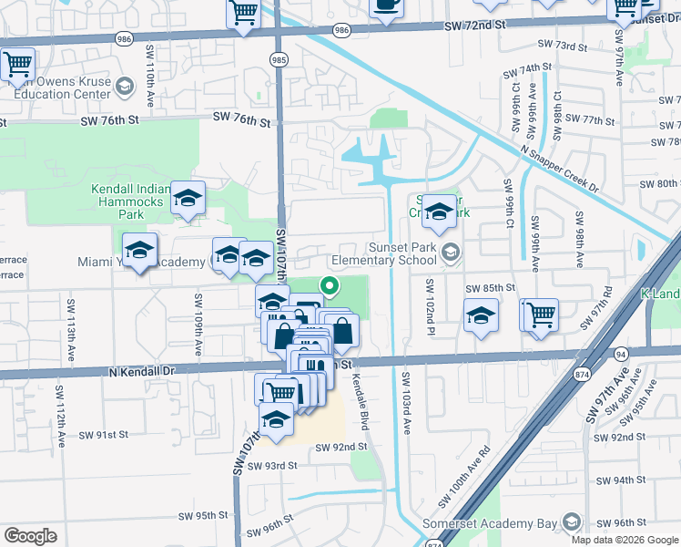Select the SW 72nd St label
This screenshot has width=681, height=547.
point(473,27)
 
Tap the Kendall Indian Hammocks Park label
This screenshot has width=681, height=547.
point(130,201)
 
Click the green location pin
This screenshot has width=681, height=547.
point(330,288)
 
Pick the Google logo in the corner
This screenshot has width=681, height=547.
point(30,536)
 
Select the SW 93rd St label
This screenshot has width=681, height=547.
point(268,466)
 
